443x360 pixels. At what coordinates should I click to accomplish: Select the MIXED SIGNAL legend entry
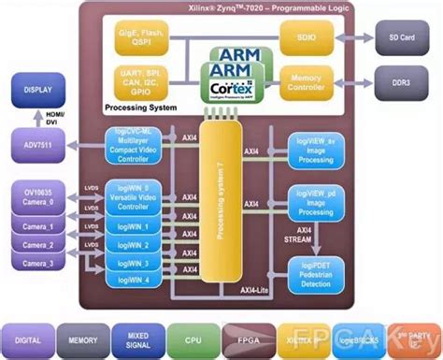tap(136, 338)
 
